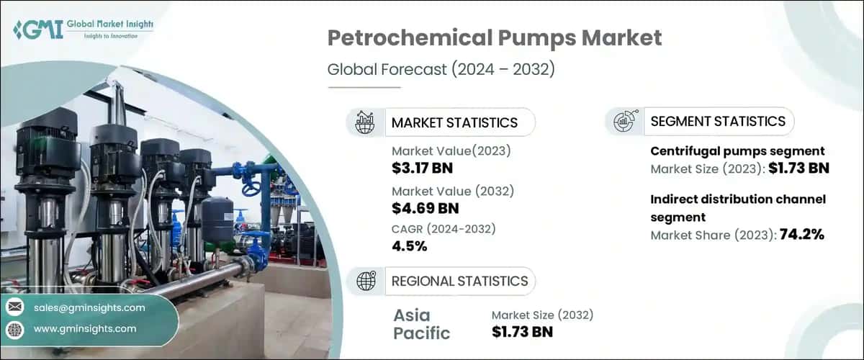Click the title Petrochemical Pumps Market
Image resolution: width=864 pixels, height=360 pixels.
tap(495, 38)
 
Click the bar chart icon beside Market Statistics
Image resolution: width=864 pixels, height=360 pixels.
tap(365, 122)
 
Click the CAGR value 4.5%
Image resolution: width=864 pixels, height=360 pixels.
tap(410, 246)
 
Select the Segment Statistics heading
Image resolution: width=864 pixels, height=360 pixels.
tap(718, 122)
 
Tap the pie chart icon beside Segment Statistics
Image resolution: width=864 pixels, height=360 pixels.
tap(623, 122)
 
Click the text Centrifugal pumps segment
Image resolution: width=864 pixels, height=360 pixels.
tap(737, 151)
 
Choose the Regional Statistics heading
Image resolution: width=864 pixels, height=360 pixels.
tap(459, 281)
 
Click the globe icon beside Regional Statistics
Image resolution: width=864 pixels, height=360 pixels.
tap(365, 281)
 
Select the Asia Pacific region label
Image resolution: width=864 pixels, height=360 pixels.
tap(422, 324)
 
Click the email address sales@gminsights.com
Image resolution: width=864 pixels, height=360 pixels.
tap(89, 307)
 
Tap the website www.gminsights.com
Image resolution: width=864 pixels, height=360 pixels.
tap(85, 328)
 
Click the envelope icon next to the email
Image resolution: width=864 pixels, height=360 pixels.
tap(15, 307)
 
